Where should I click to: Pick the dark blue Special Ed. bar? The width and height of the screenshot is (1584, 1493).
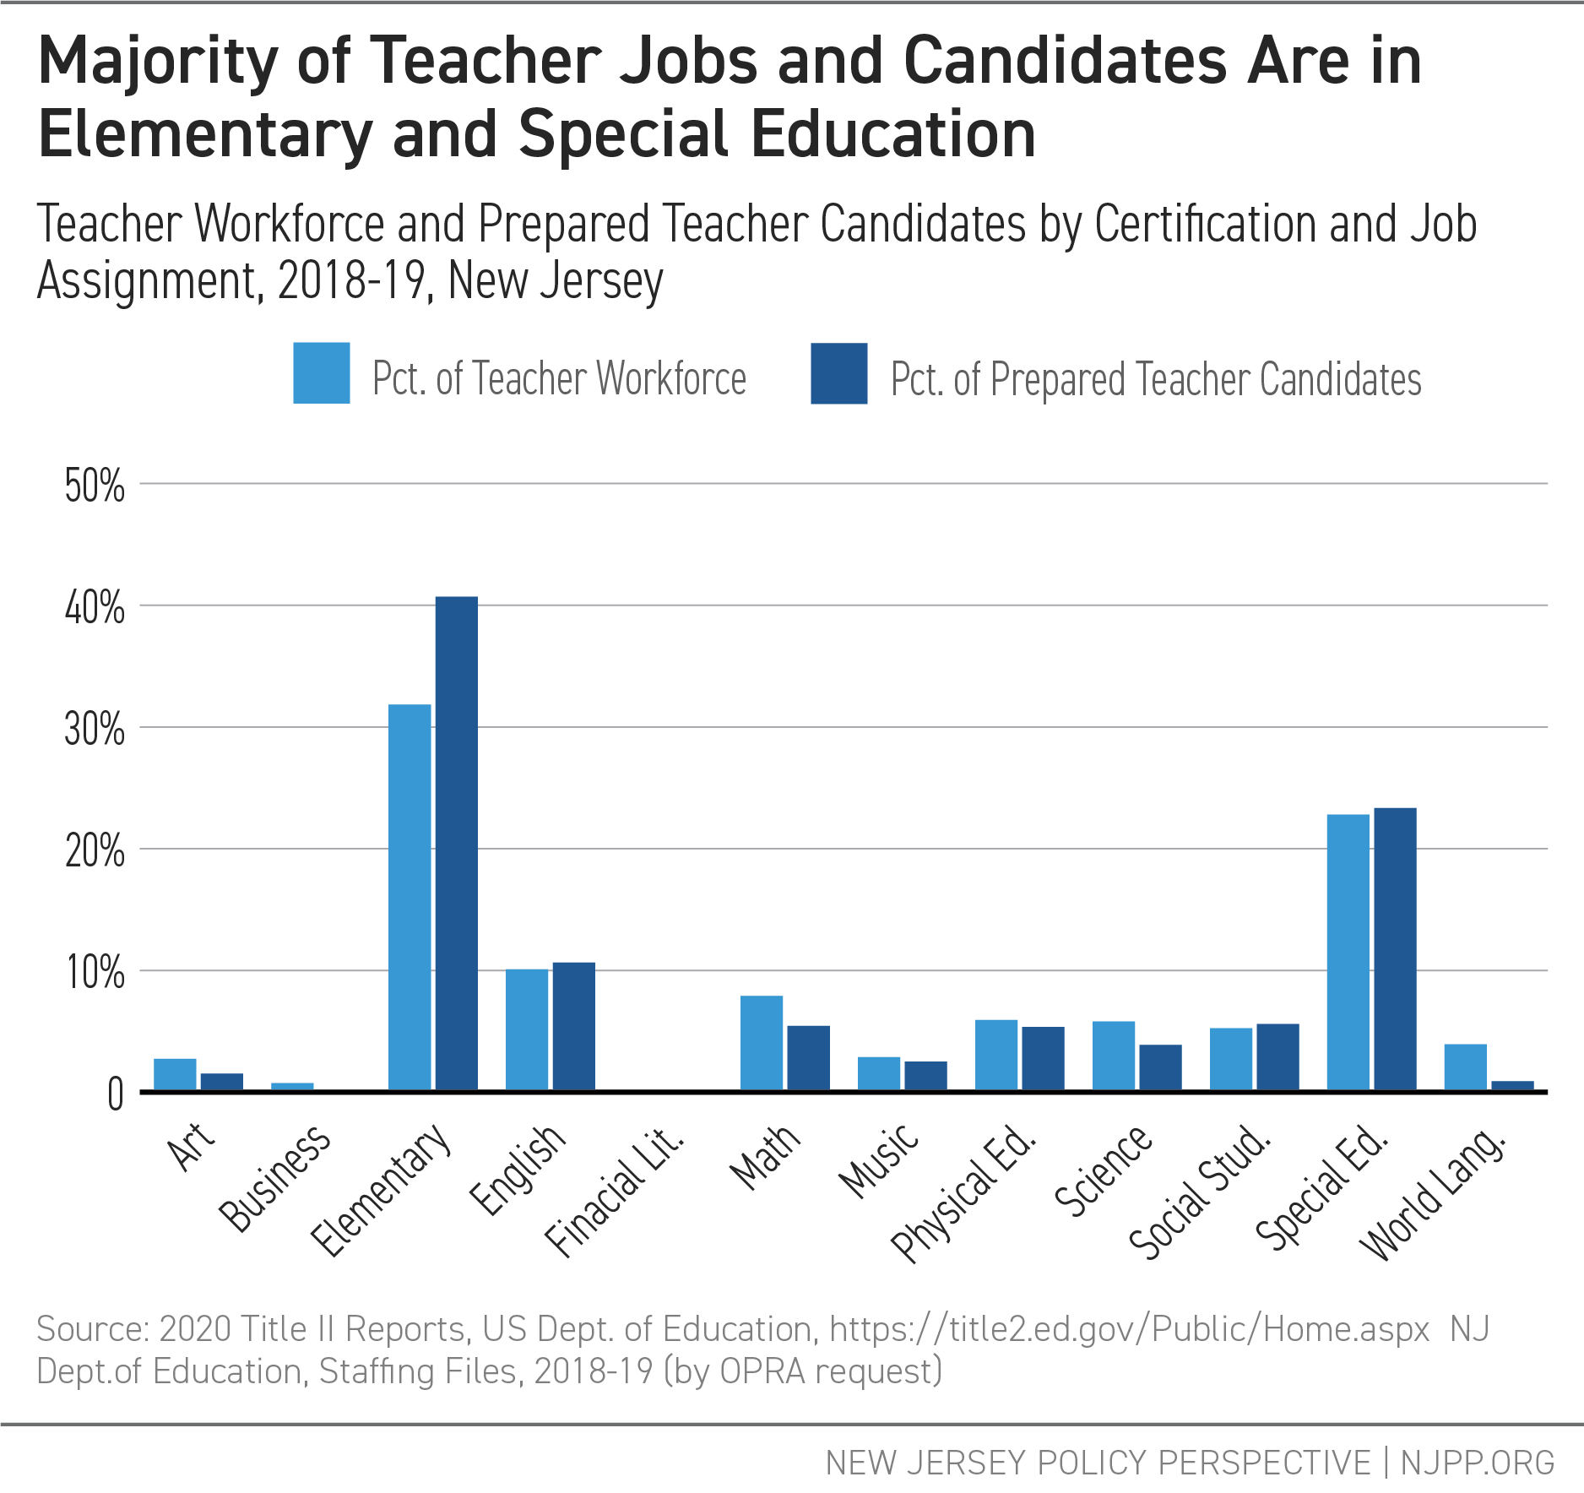tap(1395, 949)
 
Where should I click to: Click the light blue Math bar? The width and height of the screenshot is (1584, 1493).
tap(762, 1043)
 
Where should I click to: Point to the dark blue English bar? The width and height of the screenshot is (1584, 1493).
tap(573, 1026)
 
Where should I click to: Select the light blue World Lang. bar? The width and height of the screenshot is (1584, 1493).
tap(1465, 1067)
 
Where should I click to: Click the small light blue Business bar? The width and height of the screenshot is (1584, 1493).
tap(292, 1087)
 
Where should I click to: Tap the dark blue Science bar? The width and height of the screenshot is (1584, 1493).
tap(1160, 1067)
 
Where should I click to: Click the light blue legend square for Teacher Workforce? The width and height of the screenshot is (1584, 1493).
tap(322, 373)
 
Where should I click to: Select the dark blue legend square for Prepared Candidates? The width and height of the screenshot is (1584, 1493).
tap(838, 373)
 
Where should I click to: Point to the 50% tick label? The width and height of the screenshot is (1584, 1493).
tap(95, 486)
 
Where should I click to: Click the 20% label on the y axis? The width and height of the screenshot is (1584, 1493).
tap(95, 851)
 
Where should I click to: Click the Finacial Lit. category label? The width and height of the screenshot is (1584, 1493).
tap(615, 1192)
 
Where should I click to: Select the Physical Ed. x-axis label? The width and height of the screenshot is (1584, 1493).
tap(963, 1194)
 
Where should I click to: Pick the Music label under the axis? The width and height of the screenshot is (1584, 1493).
tap(878, 1161)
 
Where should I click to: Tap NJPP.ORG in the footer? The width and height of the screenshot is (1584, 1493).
tap(1477, 1463)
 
